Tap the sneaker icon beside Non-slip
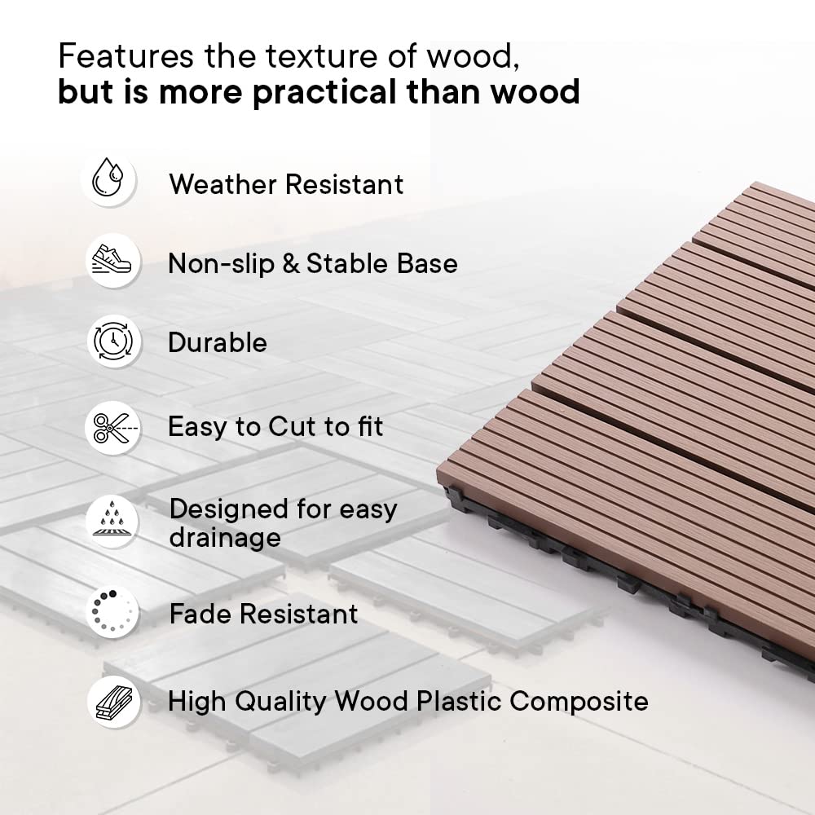(x=111, y=259)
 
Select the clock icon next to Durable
(x=112, y=341)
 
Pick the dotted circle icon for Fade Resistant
(x=111, y=611)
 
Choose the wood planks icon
(x=114, y=702)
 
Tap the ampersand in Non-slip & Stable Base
(x=291, y=263)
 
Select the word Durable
(x=218, y=342)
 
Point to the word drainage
(x=225, y=538)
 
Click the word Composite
(x=579, y=703)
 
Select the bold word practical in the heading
(x=324, y=93)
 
